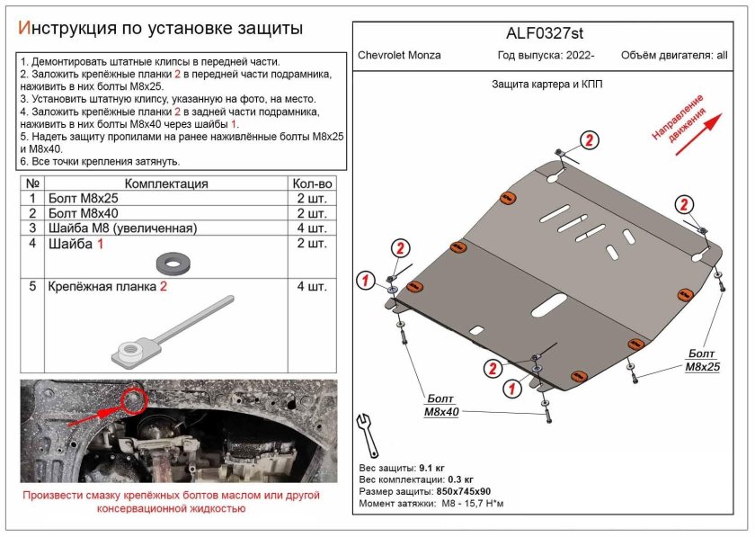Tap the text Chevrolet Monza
[x=399, y=55]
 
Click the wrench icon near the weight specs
[x=368, y=434]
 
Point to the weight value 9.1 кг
[x=431, y=469]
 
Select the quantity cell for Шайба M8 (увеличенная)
[x=311, y=228]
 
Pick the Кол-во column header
[x=312, y=183]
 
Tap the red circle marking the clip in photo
[x=134, y=398]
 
